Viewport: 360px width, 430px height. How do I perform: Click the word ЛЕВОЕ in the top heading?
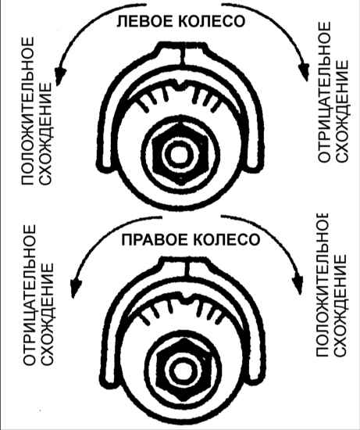142,21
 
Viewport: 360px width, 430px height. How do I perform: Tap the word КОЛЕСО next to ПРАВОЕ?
226,239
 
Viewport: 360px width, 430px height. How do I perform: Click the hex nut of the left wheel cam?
180,154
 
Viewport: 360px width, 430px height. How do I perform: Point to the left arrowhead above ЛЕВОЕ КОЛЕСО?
60,76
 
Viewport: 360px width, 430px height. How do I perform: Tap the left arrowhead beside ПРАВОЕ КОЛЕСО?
76,288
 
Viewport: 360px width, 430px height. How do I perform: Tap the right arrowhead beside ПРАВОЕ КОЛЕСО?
298,285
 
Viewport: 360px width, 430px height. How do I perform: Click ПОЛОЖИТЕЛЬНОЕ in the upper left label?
28,111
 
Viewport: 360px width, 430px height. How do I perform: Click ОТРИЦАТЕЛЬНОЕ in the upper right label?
324,92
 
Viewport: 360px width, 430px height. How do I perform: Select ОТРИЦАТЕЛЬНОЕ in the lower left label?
29,295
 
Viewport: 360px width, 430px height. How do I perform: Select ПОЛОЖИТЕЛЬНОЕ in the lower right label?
323,285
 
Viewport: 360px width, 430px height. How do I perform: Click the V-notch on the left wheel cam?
180,85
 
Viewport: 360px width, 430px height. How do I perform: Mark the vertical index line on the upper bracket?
183,56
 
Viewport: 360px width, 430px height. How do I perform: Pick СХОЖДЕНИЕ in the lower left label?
47,314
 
